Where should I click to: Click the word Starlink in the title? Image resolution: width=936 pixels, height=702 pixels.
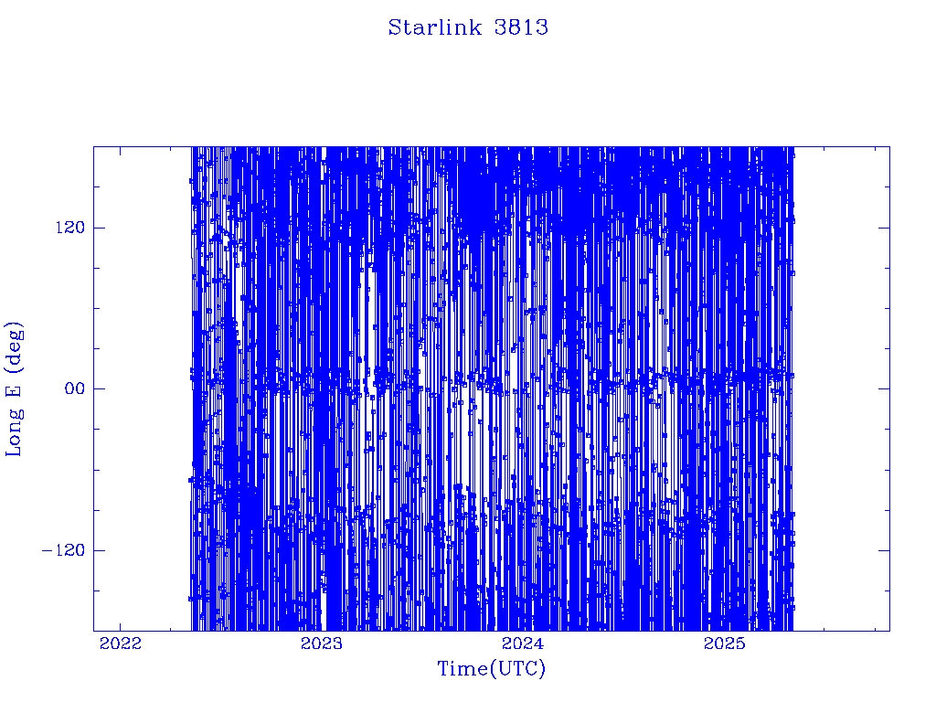434,27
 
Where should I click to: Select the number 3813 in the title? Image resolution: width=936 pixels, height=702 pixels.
521,27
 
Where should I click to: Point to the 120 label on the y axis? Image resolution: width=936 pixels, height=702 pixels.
70,228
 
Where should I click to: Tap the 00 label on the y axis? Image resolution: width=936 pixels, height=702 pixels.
75,388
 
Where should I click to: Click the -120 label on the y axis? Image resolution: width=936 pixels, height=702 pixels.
63,549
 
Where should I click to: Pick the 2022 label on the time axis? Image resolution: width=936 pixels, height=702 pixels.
121,643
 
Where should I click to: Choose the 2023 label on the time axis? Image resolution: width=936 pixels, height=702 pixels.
322,643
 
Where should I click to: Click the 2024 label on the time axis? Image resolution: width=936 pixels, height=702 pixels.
523,643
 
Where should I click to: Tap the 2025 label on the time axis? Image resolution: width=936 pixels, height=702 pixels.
724,643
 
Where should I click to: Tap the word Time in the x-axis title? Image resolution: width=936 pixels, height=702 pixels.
463,668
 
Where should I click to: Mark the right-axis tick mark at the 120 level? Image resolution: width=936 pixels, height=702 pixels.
885,228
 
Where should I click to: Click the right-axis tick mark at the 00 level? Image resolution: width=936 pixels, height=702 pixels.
885,388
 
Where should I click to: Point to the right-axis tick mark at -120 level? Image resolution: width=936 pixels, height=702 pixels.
885,549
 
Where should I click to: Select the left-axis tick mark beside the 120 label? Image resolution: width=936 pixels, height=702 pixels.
99,228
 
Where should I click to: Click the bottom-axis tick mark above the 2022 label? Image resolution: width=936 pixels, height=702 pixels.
121,625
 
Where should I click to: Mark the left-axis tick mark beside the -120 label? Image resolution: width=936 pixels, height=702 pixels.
99,549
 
